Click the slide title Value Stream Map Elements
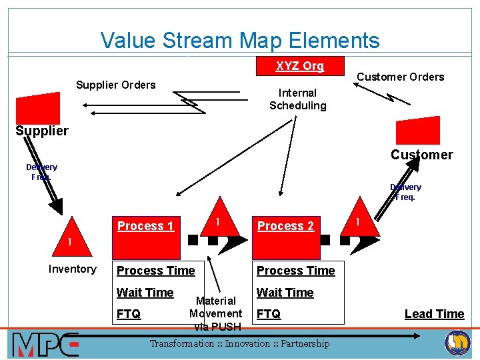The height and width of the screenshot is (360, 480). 240,41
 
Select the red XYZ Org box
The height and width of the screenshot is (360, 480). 300,66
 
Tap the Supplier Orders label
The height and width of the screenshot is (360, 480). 115,85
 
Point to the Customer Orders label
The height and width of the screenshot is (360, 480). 400,77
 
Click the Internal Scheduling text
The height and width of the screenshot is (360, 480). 297,99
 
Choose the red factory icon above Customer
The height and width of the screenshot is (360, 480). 417,130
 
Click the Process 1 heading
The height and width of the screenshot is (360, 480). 145,226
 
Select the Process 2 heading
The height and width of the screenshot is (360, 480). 285,226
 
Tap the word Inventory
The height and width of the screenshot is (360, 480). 72,269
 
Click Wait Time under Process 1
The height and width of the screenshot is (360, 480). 145,292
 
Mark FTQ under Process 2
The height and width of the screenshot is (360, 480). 269,314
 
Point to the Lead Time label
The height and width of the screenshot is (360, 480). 434,314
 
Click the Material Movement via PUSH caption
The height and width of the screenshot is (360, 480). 216,313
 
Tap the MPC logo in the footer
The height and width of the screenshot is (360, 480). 45,344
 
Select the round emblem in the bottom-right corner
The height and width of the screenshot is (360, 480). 457,343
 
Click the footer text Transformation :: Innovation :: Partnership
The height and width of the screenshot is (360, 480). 239,344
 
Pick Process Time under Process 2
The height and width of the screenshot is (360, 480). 295,270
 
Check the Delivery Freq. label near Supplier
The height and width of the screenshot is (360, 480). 41,172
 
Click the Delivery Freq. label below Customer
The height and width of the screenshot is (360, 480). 405,192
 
